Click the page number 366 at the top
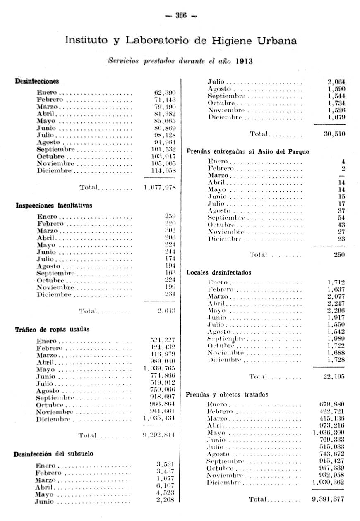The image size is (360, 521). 181,16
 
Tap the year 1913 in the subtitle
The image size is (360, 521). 244,61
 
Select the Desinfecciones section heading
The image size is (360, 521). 37,81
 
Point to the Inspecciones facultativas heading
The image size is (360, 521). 54,205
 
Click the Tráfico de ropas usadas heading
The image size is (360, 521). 52,330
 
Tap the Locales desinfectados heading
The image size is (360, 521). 219,272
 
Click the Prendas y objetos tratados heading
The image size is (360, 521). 227,394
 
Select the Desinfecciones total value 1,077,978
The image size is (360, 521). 160,187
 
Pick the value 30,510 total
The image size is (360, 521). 334,134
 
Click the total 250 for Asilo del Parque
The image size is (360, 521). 339,255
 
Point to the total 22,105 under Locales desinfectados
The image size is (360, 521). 334,376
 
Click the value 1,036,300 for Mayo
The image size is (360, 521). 329,433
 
